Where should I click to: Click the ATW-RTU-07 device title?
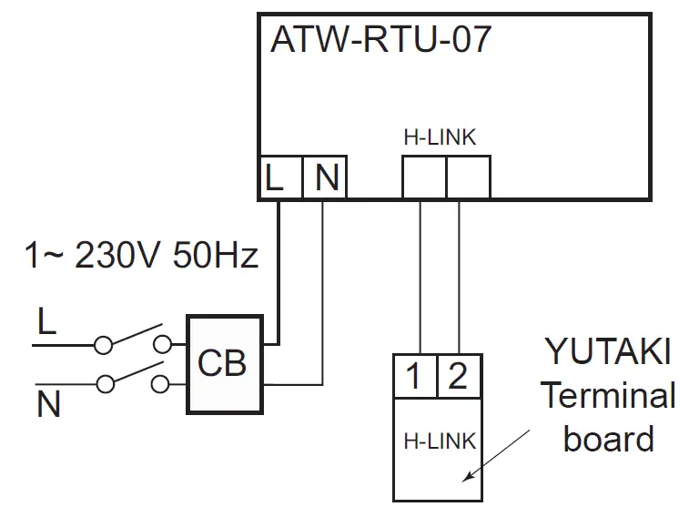coord(381,40)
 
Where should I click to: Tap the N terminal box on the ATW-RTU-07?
coord(325,177)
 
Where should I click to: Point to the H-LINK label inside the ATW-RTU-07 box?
coord(440,137)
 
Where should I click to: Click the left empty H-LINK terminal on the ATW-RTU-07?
coord(423,177)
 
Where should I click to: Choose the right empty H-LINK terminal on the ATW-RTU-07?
coord(468,177)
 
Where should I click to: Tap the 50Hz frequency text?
coord(215,255)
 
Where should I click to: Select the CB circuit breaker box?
coord(224,364)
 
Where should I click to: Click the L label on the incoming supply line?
coord(46,322)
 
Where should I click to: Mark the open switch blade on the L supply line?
coord(134,334)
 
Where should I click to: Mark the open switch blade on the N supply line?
coord(134,373)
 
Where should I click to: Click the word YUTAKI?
coord(608,351)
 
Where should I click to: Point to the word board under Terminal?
coord(608,439)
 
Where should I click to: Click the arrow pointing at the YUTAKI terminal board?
coord(496,455)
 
